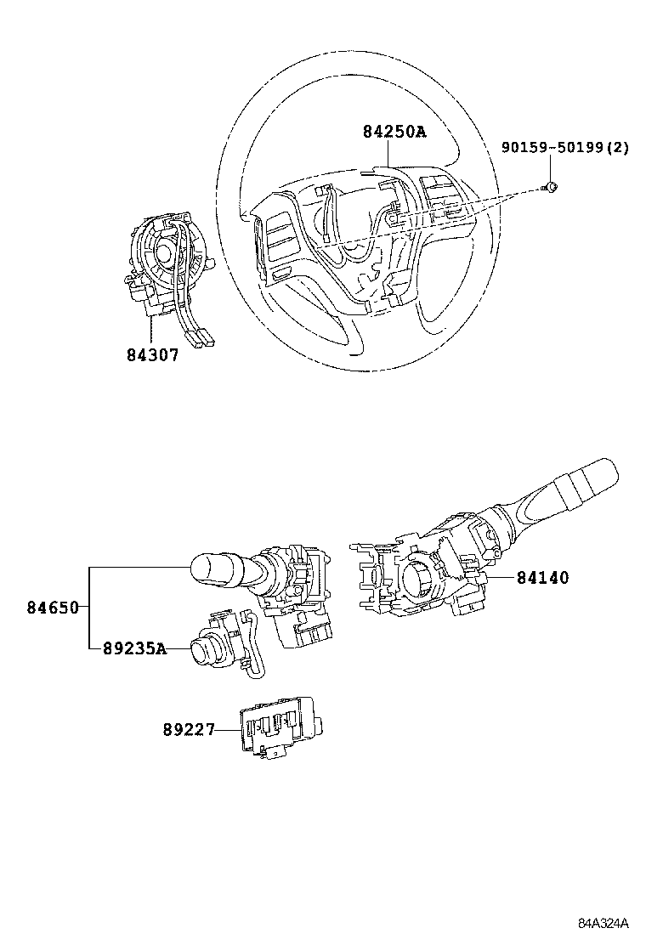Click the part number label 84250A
coord(394,132)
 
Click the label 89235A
coord(133,648)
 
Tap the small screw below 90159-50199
coord(551,187)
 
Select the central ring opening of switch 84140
coord(419,581)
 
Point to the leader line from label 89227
coord(227,729)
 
